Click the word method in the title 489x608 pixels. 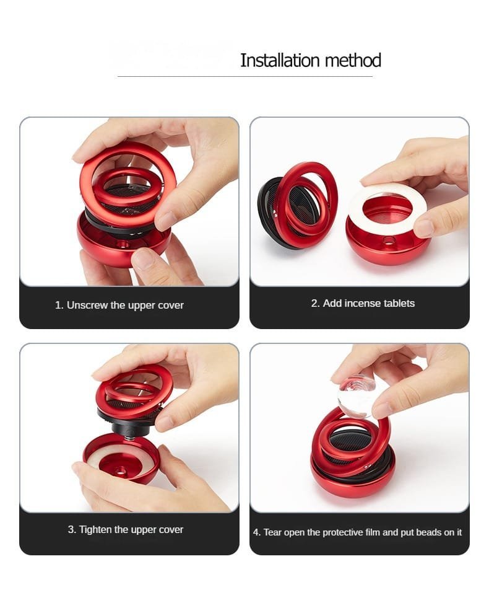(x=353, y=61)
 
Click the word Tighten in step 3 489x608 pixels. (x=95, y=529)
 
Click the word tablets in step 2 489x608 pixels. (x=399, y=303)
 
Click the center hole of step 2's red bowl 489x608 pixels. (x=387, y=241)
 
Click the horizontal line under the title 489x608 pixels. (x=245, y=76)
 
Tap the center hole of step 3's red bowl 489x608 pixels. (x=123, y=471)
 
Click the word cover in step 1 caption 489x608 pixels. (x=171, y=306)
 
